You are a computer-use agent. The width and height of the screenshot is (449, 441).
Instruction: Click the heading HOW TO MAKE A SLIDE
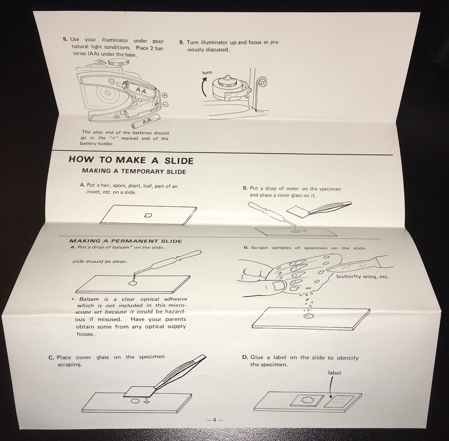131,160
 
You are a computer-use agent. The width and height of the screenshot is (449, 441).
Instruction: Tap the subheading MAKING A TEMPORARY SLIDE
134,171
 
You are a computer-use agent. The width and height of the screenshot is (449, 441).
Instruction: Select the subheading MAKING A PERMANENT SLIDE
125,241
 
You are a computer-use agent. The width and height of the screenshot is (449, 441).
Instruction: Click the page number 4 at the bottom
215,420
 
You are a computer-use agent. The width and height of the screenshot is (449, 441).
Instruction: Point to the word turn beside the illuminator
207,72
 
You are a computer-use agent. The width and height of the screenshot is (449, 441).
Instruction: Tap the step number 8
65,39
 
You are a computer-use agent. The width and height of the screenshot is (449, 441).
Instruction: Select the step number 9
181,42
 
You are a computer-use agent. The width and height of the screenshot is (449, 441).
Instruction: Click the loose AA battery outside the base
146,121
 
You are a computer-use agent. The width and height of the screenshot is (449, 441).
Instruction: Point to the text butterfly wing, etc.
363,276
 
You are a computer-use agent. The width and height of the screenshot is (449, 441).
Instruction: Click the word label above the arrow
334,373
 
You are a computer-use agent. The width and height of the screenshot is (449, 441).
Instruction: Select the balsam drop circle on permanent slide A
132,283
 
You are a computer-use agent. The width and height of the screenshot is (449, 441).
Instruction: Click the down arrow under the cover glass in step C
146,401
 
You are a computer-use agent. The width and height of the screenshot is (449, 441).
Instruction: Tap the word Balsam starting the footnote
89,299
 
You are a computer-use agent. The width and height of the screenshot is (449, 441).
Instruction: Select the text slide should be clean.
100,261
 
